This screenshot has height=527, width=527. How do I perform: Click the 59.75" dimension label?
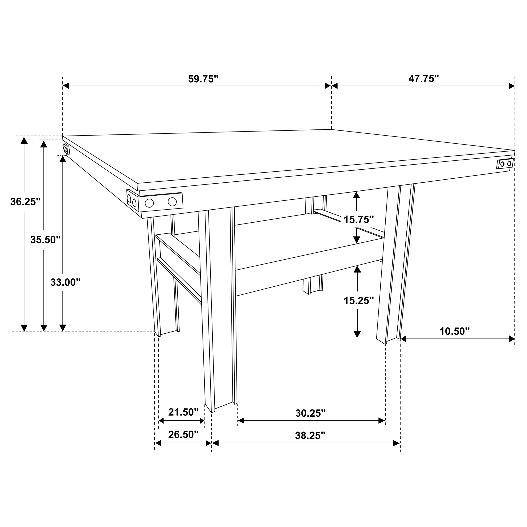(203, 79)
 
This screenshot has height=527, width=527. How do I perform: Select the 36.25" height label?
(25, 202)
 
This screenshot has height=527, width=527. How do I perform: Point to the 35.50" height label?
(45, 240)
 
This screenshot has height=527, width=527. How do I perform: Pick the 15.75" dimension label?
(358, 220)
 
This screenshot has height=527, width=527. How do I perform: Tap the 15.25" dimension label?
(358, 301)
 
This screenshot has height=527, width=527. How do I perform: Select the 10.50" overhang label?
(454, 331)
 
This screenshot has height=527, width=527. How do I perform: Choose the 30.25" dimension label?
(311, 413)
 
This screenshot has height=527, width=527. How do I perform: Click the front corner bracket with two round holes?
(160, 202)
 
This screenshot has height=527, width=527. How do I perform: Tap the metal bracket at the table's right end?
(505, 164)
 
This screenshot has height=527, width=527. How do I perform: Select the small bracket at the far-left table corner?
(66, 149)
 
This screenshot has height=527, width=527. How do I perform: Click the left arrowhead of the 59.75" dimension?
(66, 86)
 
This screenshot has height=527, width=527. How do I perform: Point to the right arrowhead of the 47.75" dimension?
(512, 86)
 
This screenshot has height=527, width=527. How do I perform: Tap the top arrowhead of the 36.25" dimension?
(24, 140)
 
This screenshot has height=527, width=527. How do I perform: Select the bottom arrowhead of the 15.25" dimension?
(357, 334)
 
